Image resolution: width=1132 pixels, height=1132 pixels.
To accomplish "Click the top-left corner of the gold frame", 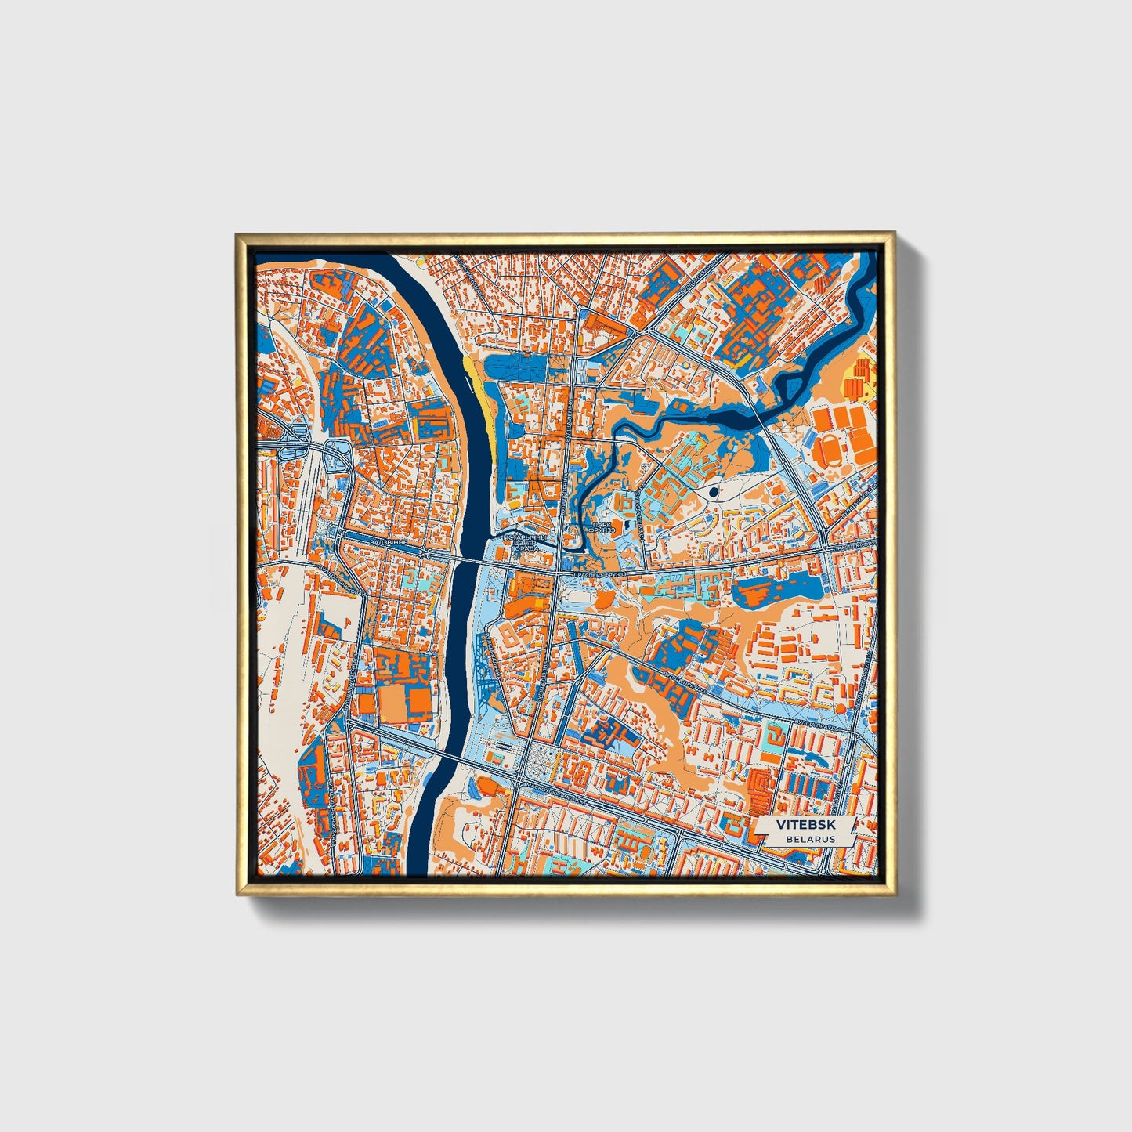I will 238,234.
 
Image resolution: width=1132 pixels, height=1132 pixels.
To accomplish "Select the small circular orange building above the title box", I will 840,708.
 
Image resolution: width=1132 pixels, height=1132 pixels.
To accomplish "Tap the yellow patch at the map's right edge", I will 861,376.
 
